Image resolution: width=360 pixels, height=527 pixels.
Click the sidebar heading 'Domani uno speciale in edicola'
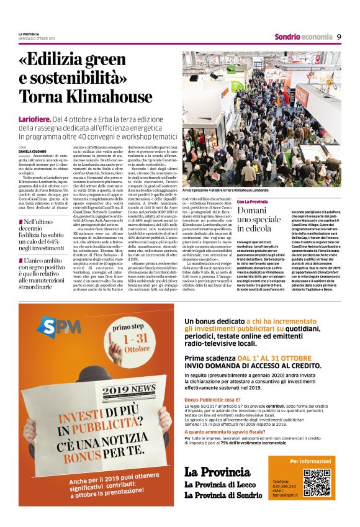click(x=259, y=219)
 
